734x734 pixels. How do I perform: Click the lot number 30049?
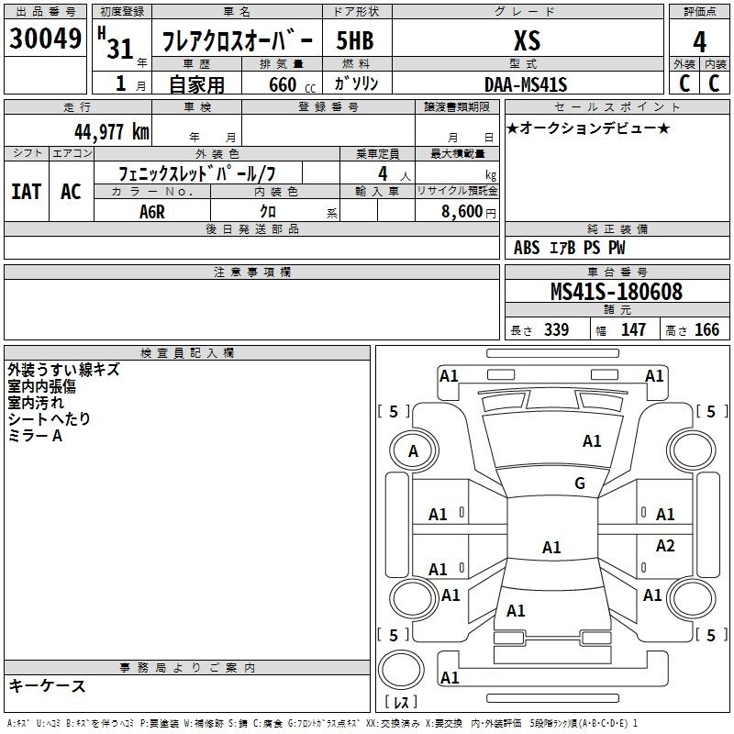[x=45, y=38]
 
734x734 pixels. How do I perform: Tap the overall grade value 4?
[x=699, y=42]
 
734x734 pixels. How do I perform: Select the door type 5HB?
[x=355, y=40]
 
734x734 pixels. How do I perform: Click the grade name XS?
[x=527, y=40]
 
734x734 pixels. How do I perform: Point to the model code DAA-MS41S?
[x=526, y=84]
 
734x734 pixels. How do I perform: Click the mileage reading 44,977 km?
[x=112, y=132]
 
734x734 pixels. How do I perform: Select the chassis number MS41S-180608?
[x=617, y=292]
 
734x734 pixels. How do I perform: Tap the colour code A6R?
[x=152, y=212]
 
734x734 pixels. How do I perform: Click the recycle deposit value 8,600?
[x=462, y=211]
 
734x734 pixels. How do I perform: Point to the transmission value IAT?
[x=27, y=192]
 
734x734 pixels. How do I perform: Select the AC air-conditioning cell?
[x=72, y=192]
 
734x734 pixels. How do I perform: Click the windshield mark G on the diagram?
[x=580, y=483]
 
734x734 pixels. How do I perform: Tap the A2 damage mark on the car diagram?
[x=665, y=545]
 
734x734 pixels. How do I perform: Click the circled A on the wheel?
[x=413, y=451]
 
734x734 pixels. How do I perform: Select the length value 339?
[x=557, y=329]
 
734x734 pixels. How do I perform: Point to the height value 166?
[x=706, y=329]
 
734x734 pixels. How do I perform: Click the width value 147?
[x=633, y=329]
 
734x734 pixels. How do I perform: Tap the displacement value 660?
[x=283, y=84]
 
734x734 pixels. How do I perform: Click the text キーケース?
[x=48, y=685]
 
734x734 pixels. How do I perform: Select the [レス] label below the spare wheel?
[x=401, y=702]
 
